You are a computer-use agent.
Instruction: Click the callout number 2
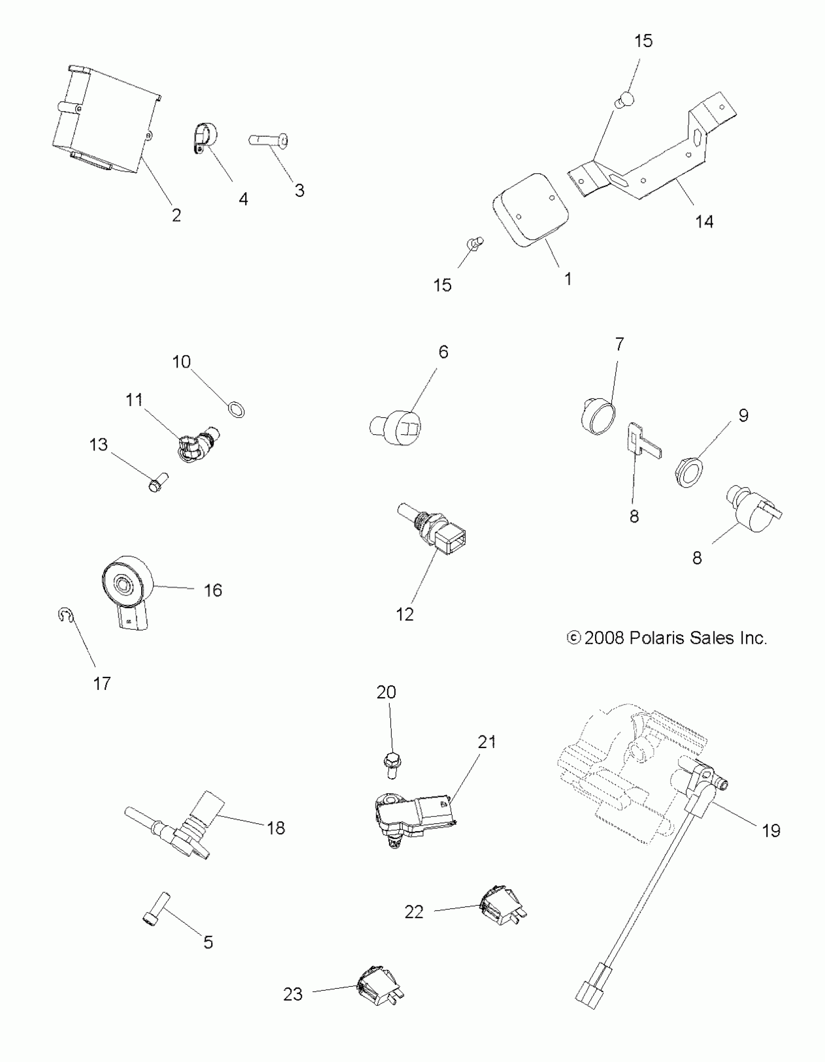176,215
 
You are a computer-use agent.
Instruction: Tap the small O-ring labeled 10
236,409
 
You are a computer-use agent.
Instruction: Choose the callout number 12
404,614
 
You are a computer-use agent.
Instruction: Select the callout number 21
486,742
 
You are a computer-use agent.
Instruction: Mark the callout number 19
771,831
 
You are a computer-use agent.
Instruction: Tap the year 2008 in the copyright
604,637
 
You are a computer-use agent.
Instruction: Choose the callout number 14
704,222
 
